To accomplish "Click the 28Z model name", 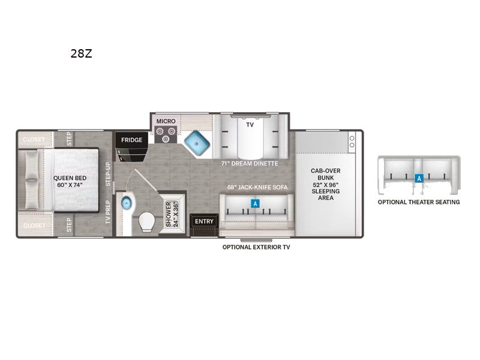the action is [x=81, y=53].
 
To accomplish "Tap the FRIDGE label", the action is [x=131, y=140].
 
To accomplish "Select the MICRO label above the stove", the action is [x=166, y=121].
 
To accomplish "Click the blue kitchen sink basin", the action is [x=197, y=143].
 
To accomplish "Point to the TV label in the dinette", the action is [x=250, y=125].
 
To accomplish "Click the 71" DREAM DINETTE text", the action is [x=250, y=163].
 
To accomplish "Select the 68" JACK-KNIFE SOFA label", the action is [x=257, y=187].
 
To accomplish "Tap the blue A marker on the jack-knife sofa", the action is [x=255, y=203].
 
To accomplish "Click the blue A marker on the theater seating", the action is [x=419, y=178].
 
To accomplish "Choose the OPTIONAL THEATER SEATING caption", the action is [x=419, y=202].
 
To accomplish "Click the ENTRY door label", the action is [x=204, y=221].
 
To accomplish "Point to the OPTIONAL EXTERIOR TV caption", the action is [x=256, y=247].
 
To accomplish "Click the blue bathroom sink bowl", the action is [x=126, y=203].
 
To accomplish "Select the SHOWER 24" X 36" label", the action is [x=172, y=214].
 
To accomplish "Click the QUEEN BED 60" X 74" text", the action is [x=70, y=182].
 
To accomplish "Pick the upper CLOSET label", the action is [x=34, y=140].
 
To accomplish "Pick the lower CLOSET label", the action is [x=34, y=226].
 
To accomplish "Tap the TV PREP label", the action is [x=108, y=212].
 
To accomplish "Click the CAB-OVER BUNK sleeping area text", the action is [x=326, y=184].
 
